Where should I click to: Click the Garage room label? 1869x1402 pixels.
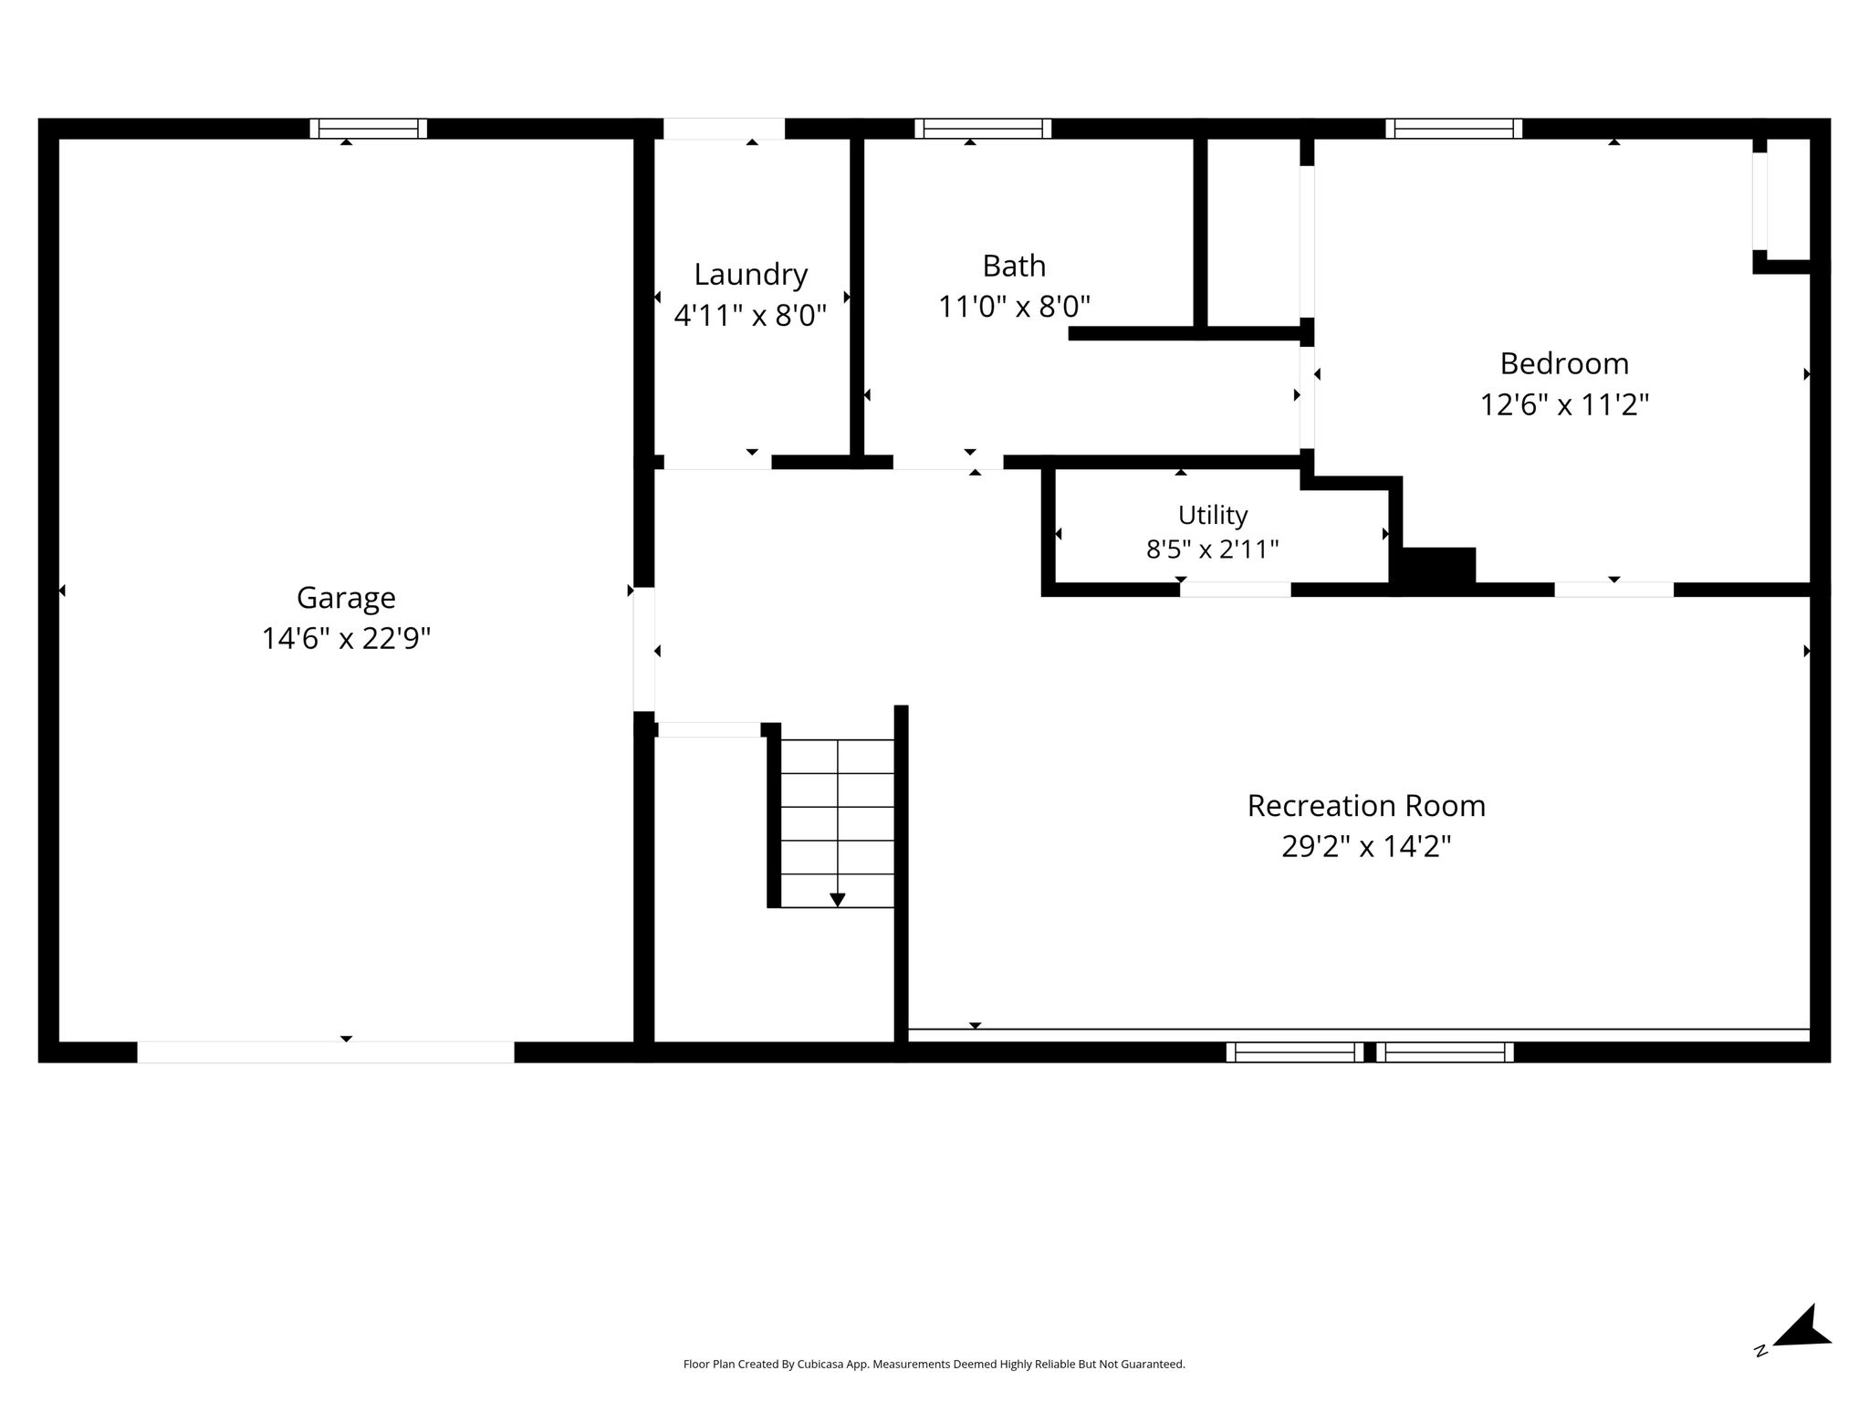tap(346, 599)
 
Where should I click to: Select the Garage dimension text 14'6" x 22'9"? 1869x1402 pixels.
tap(346, 639)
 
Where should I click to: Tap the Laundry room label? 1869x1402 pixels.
tap(751, 276)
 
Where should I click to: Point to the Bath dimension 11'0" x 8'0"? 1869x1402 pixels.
tap(1015, 307)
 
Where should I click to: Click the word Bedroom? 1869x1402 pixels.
tap(1564, 364)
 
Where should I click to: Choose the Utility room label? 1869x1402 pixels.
tap(1213, 516)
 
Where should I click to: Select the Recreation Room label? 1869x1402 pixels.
tap(1366, 806)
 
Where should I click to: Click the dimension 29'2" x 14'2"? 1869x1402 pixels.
tap(1366, 847)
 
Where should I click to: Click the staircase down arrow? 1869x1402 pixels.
tap(837, 899)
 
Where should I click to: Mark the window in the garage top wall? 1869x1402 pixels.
tap(369, 129)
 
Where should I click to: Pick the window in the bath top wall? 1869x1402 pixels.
tap(983, 129)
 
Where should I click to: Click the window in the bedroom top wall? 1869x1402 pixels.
tap(1454, 129)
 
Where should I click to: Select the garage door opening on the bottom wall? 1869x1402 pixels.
tap(326, 1051)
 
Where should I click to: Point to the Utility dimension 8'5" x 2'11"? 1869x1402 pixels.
tap(1213, 549)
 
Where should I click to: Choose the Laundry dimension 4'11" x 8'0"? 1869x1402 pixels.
tap(750, 316)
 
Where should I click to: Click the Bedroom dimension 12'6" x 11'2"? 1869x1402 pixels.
tap(1564, 404)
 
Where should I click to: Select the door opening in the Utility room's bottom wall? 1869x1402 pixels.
tap(1236, 589)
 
